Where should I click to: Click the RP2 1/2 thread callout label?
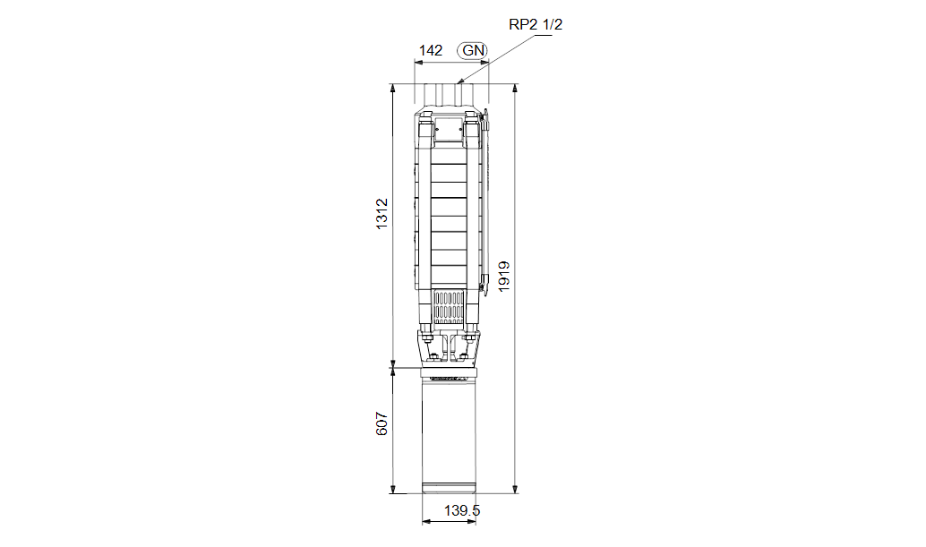[x=535, y=25]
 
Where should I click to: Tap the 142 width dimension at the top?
[x=431, y=51]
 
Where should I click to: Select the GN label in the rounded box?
[x=473, y=51]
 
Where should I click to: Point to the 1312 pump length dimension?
[x=382, y=214]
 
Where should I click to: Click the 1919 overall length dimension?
[x=504, y=276]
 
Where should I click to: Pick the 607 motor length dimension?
[x=382, y=423]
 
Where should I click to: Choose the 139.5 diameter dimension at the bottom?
[x=462, y=510]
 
